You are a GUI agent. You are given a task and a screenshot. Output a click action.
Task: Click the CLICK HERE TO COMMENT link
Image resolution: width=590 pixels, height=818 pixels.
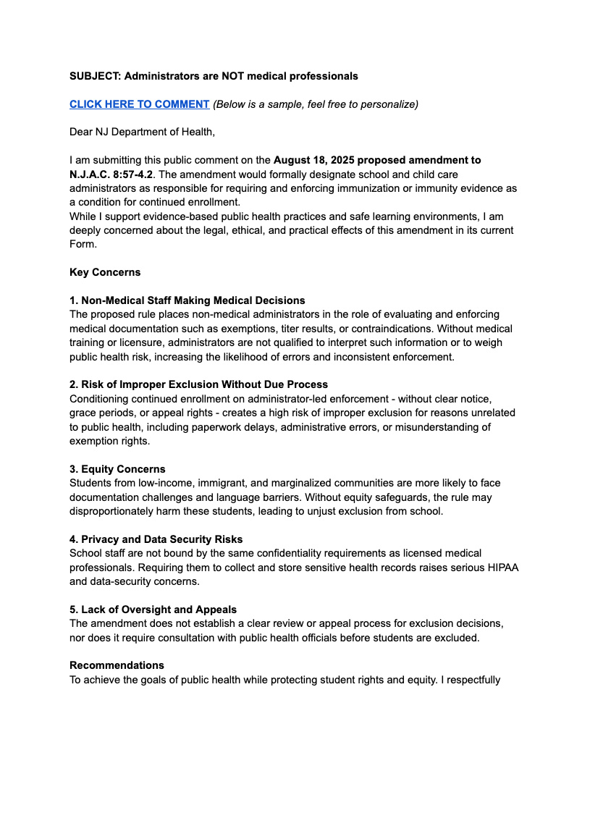point(139,104)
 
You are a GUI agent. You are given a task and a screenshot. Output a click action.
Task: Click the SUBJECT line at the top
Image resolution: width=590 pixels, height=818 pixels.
point(214,76)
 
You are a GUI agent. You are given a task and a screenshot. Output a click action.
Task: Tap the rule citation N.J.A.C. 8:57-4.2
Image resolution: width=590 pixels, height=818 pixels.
point(111,174)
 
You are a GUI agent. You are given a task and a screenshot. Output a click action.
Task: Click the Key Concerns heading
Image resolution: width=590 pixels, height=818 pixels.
point(105,272)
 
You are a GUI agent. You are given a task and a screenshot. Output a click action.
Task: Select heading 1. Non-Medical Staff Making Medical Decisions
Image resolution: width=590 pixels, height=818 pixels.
point(187,300)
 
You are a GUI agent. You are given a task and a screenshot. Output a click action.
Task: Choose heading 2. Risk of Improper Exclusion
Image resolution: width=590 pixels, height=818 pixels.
point(198,384)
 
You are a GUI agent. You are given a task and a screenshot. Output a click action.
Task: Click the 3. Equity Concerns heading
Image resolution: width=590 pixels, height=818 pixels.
point(117,469)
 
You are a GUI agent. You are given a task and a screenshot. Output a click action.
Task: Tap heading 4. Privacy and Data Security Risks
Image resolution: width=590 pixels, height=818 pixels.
point(156,539)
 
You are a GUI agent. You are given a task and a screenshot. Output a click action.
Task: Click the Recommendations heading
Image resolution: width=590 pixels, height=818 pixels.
point(117,665)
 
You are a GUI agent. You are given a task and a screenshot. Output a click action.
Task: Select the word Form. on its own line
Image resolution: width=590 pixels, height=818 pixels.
point(82,244)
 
